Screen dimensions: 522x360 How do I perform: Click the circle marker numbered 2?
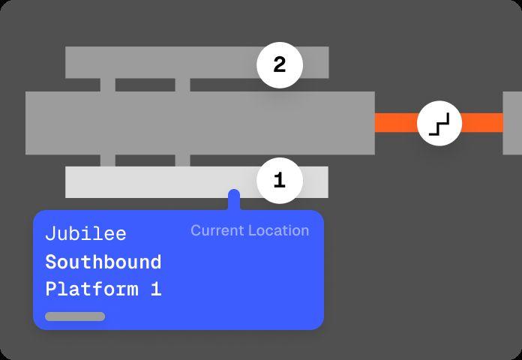(x=280, y=66)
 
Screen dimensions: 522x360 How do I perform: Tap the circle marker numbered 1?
(x=280, y=181)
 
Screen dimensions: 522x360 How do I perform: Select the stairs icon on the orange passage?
(x=439, y=123)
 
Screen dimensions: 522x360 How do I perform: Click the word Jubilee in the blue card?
(x=85, y=234)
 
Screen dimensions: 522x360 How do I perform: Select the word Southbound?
(x=103, y=262)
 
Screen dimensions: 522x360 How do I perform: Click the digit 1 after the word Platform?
(x=156, y=289)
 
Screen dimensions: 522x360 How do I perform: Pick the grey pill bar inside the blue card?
(x=75, y=316)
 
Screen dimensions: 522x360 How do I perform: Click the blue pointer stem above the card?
(x=234, y=200)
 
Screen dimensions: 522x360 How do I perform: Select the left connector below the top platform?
(x=107, y=85)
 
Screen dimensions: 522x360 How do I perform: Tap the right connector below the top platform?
(x=182, y=85)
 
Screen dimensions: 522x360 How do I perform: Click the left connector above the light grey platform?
(x=107, y=160)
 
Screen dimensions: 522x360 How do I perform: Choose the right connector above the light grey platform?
(x=182, y=160)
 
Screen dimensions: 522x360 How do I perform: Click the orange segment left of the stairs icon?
(x=395, y=123)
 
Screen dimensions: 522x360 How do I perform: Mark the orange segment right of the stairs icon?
(x=481, y=123)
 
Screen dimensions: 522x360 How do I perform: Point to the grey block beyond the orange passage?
(x=512, y=123)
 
